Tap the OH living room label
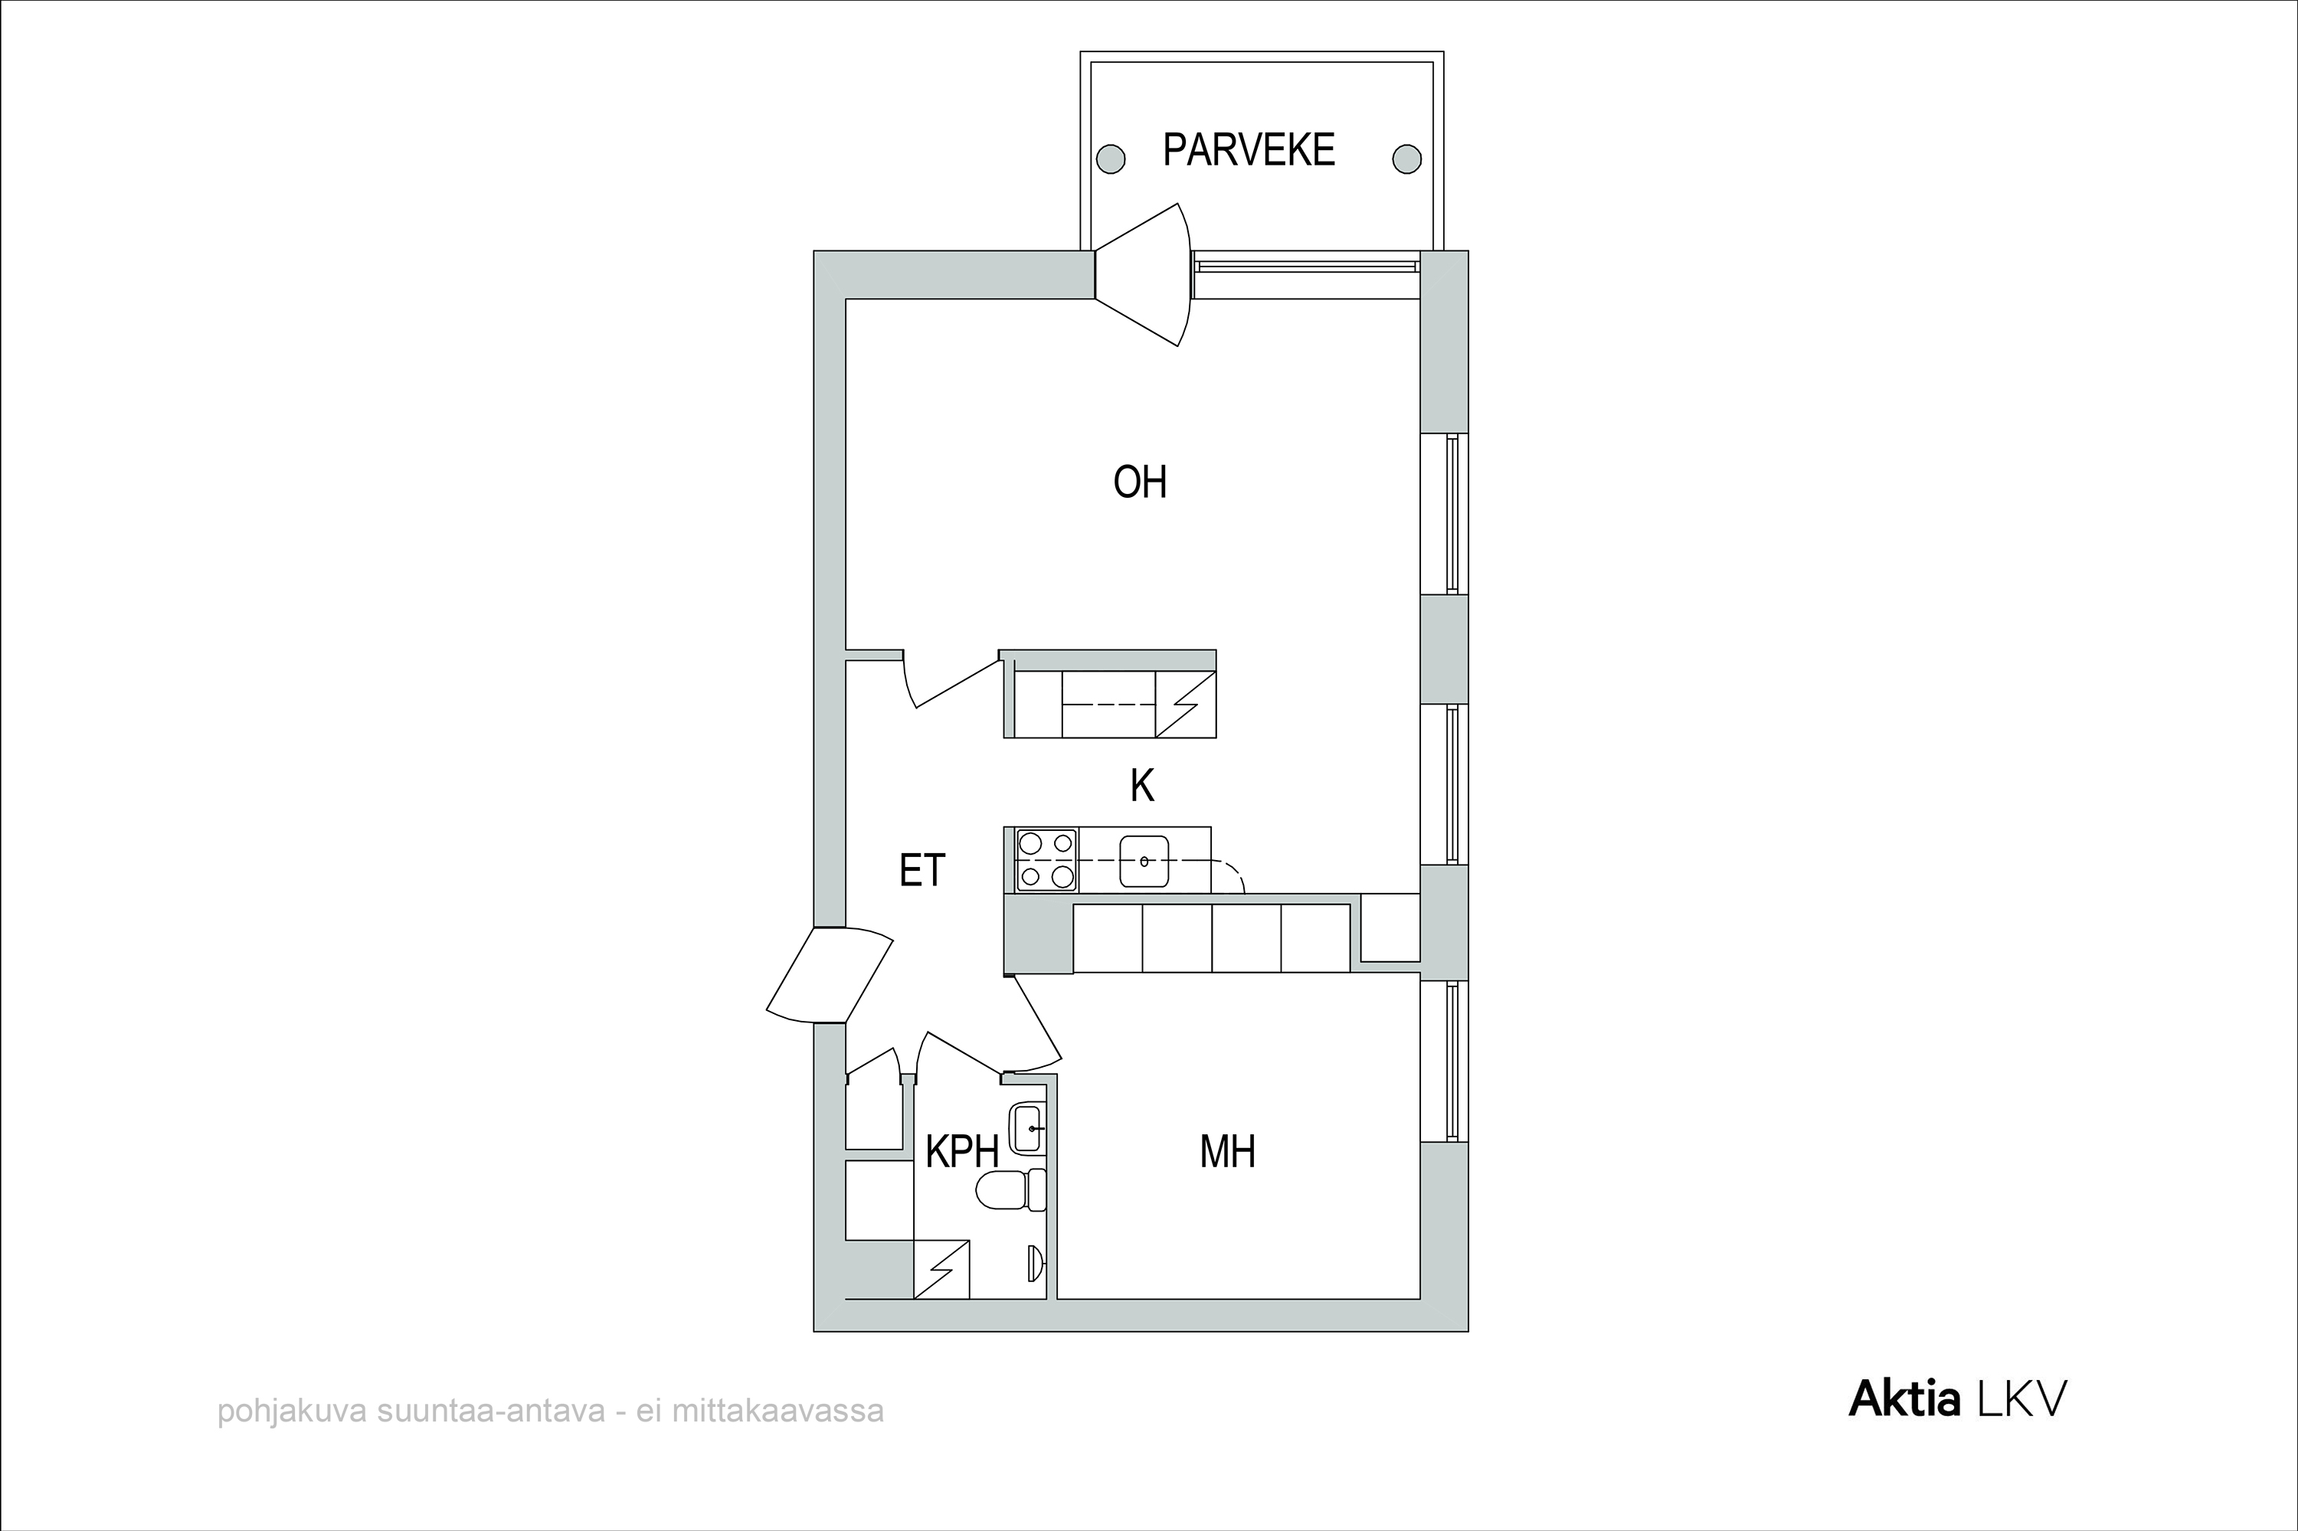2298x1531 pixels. [1140, 483]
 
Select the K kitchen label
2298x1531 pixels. [1141, 785]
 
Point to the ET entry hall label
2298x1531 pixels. [922, 870]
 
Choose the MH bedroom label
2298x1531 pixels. [1228, 1152]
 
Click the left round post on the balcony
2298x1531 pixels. [1111, 159]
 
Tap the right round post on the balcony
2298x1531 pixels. [1406, 159]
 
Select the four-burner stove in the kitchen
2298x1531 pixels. [1046, 860]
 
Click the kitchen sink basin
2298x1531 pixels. [1144, 861]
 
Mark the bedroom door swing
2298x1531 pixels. [1033, 1022]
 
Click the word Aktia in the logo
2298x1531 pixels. [1904, 1400]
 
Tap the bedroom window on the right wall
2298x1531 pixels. [1454, 1062]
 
